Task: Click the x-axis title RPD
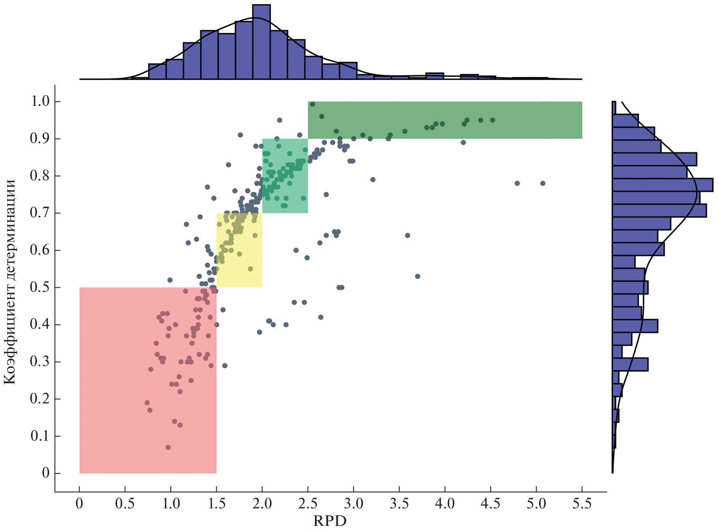point(330,521)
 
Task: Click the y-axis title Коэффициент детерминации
point(9,282)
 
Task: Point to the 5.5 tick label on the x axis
point(582,504)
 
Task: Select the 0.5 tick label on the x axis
point(125,504)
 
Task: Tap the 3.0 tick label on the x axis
point(353,504)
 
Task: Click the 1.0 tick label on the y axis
point(40,101)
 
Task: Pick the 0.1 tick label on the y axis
point(40,436)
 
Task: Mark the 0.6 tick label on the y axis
point(40,250)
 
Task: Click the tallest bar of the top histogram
point(261,42)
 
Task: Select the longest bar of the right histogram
point(662,185)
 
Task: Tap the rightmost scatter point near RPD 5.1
point(543,183)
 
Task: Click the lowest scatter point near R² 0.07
point(168,447)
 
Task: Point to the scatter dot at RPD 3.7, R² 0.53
point(417,276)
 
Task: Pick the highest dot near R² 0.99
point(312,104)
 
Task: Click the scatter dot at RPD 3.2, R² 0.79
point(373,180)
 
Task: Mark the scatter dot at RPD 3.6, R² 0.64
point(407,236)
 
